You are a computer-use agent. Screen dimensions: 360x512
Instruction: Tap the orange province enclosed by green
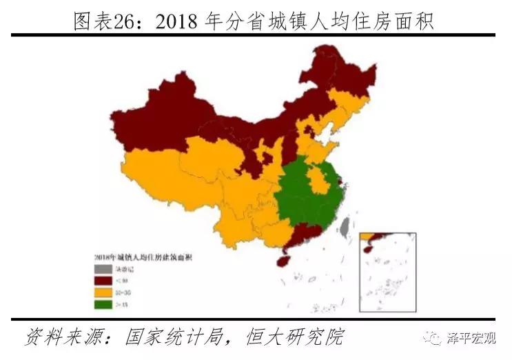318,181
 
